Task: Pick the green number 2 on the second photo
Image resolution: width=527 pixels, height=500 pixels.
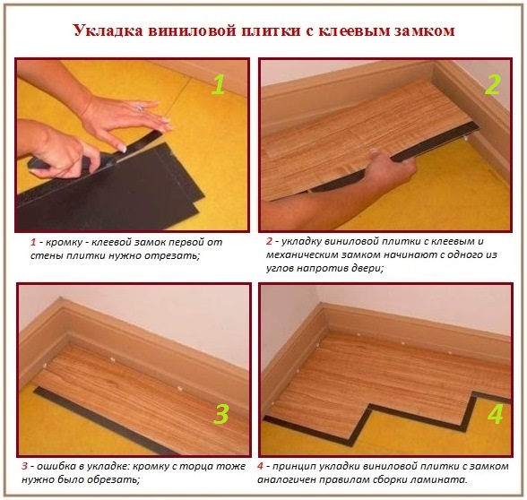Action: pos(492,84)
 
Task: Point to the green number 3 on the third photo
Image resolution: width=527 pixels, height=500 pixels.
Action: pos(220,414)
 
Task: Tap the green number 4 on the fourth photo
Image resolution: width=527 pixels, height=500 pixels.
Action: pos(492,414)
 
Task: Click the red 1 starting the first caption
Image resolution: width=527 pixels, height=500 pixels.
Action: pos(33,243)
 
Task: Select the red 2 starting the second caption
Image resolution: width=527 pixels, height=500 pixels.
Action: pos(270,242)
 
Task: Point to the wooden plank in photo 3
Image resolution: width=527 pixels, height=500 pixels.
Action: pos(143,394)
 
